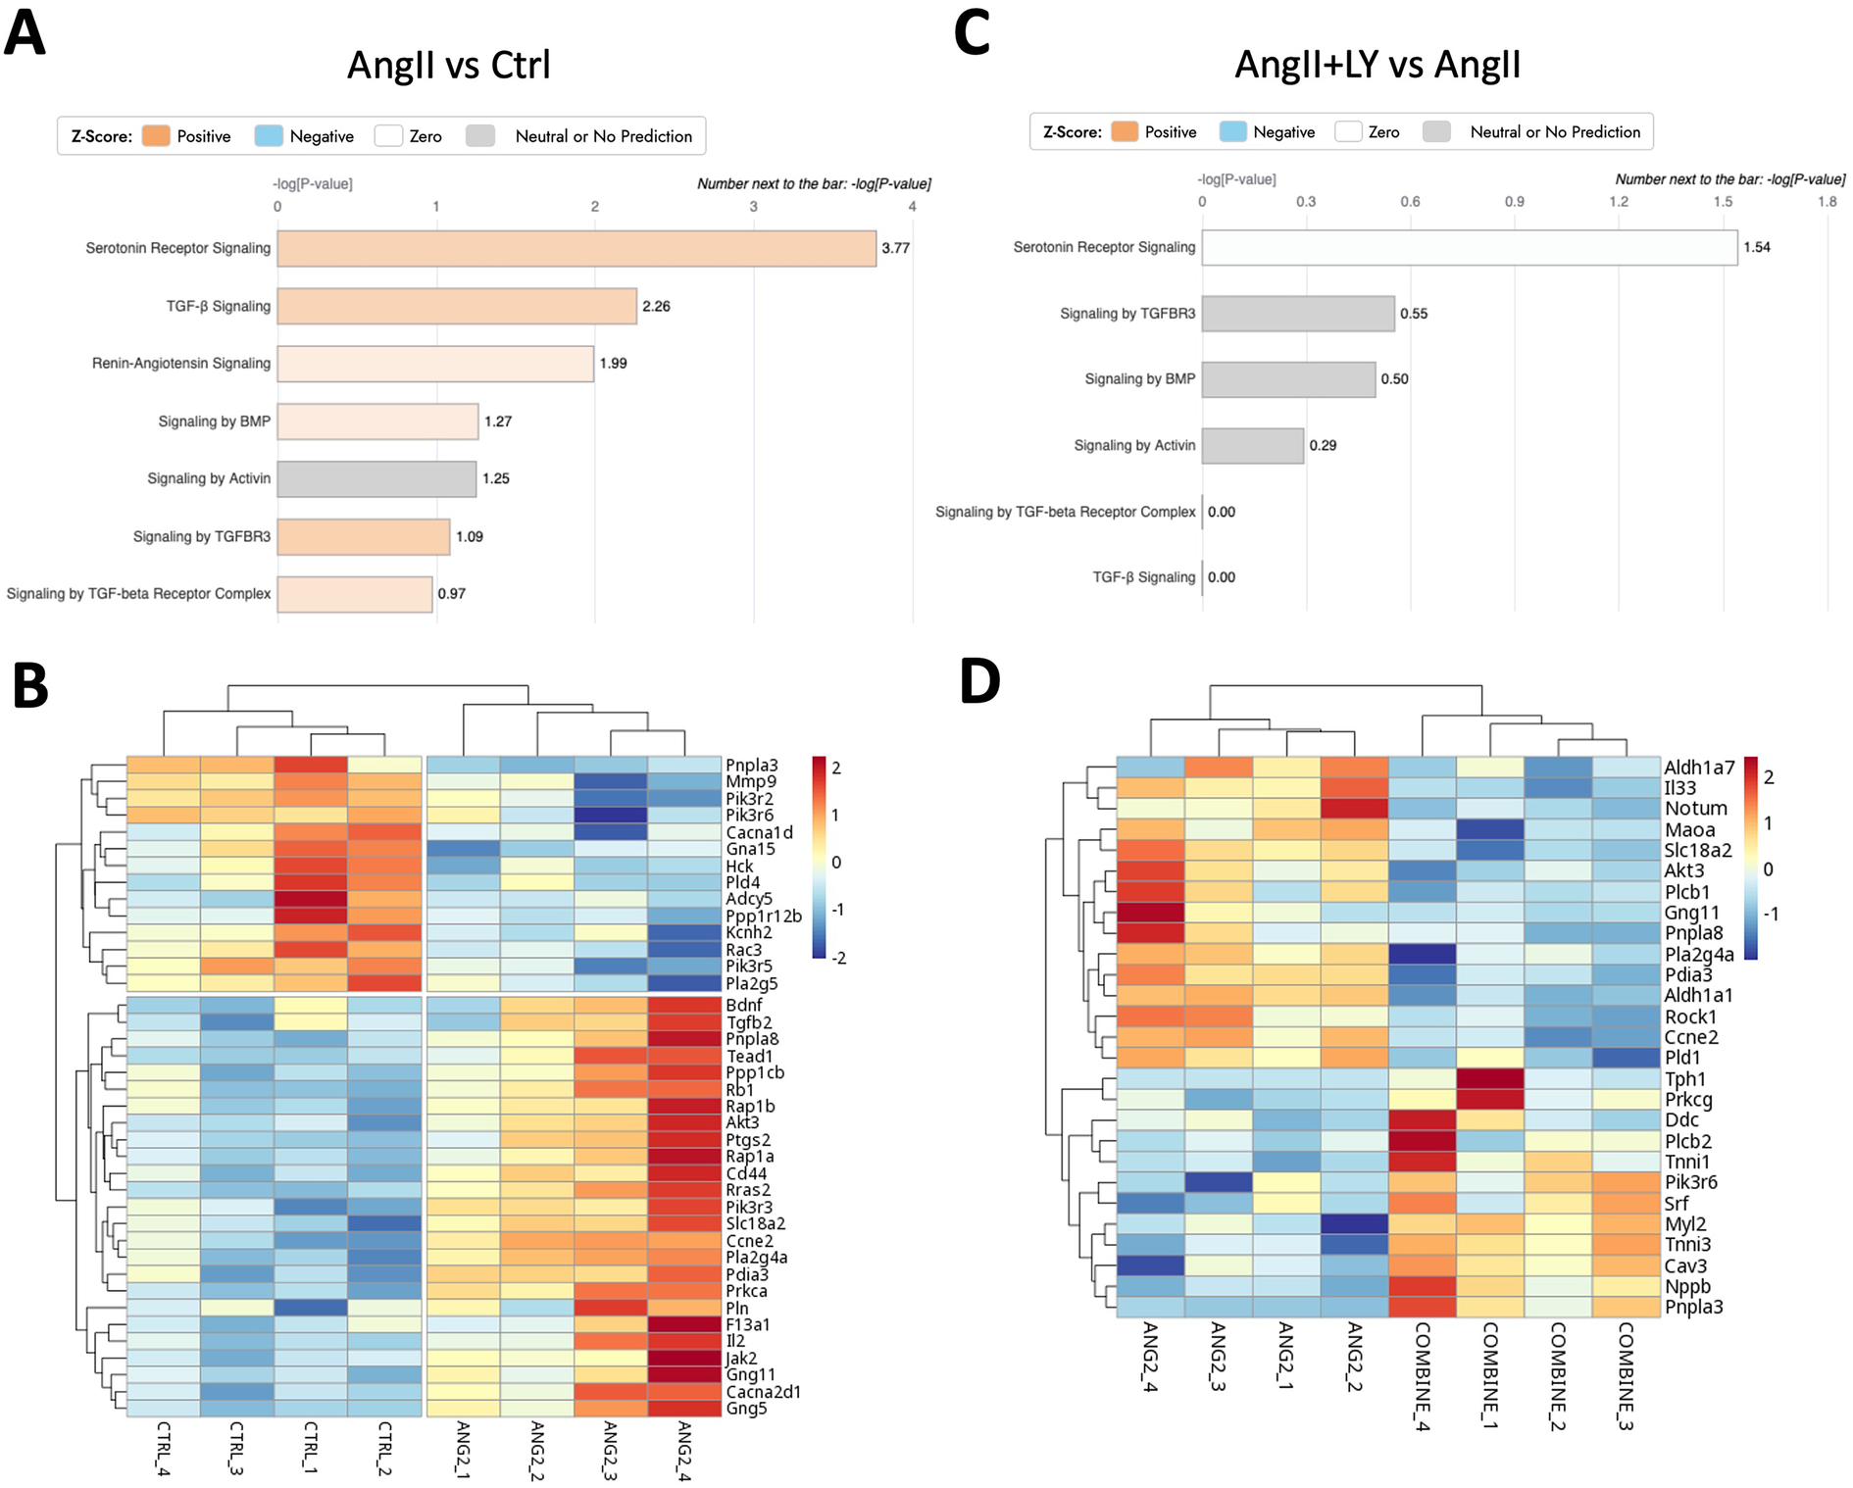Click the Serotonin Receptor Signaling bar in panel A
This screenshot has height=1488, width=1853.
click(576, 249)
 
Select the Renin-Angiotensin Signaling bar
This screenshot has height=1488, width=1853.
click(435, 364)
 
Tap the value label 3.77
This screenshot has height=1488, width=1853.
click(895, 249)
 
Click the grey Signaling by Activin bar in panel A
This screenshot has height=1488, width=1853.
click(376, 479)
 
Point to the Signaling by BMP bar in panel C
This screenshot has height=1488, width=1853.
click(1288, 379)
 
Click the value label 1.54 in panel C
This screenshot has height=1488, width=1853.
click(1756, 247)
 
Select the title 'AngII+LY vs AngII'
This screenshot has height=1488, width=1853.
click(1377, 65)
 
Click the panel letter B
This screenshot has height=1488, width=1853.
click(30, 686)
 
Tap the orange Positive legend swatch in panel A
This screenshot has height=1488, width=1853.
click(156, 136)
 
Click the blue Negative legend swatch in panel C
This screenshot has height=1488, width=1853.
click(1232, 132)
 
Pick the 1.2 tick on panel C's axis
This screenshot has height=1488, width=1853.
click(1619, 202)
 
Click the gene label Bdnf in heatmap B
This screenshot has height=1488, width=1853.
click(744, 1006)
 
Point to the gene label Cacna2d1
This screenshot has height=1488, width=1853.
click(763, 1392)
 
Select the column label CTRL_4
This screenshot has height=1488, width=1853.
click(163, 1448)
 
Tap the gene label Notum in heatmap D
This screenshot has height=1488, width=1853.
click(1695, 809)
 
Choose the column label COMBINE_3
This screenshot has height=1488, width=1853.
click(1625, 1376)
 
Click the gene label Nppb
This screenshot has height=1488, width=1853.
click(1686, 1287)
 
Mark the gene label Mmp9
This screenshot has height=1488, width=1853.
click(751, 782)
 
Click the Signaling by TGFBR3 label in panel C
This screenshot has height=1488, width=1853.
click(1127, 314)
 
